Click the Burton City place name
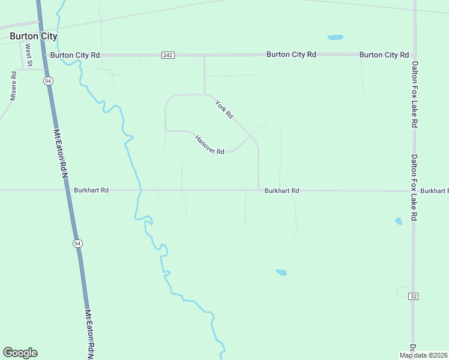click(34, 36)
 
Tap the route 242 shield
click(168, 55)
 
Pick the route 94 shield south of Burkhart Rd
click(77, 243)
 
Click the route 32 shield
click(413, 296)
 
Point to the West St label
click(28, 55)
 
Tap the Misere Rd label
click(13, 85)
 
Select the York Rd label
click(224, 109)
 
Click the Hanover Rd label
click(209, 145)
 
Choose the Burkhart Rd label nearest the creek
click(91, 190)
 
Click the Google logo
click(20, 353)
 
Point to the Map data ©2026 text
click(424, 355)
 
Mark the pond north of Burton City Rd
click(335, 38)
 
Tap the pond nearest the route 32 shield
click(399, 221)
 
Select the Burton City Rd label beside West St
click(75, 55)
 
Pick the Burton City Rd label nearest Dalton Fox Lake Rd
click(379, 55)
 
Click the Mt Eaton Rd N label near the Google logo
click(90, 333)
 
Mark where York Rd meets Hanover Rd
click(250, 136)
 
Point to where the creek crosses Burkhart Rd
click(140, 190)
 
